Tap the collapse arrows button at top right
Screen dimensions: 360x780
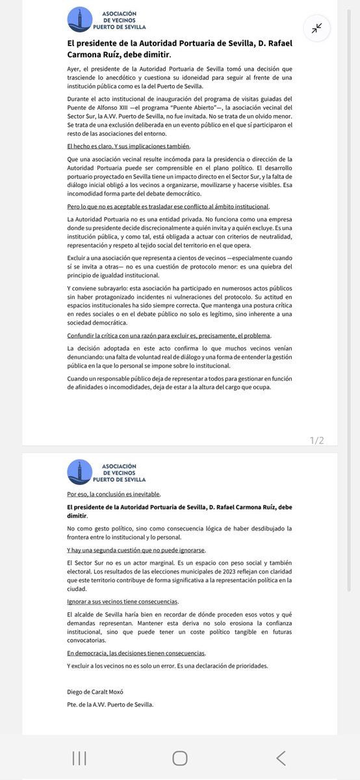pyautogui.click(x=317, y=28)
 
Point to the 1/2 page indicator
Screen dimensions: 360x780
pyautogui.click(x=316, y=440)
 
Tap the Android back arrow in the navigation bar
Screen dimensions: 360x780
pyautogui.click(x=280, y=757)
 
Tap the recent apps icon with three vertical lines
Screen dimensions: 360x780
pyautogui.click(x=80, y=757)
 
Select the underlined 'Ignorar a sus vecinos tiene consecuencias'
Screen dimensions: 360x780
pyautogui.click(x=123, y=601)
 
